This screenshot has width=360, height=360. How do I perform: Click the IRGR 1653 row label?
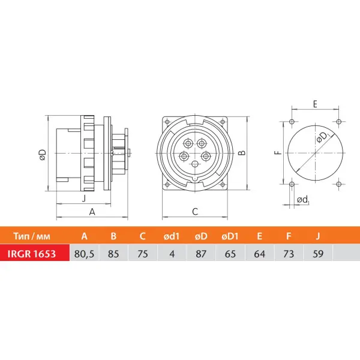coord(32,254)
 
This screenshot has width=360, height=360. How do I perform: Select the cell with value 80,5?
coord(84,254)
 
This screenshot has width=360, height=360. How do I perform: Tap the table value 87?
coord(201,254)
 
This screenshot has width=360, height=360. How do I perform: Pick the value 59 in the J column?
coord(318,254)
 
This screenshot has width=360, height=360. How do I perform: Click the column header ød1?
coord(172,236)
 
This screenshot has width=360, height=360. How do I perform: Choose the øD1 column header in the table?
coord(230,236)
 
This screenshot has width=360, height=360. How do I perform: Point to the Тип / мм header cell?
coord(32,236)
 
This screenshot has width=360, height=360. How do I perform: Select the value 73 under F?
coord(289,254)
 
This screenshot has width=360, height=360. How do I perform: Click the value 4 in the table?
coord(172,254)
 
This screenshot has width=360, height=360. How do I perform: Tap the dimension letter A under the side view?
coord(92,212)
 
